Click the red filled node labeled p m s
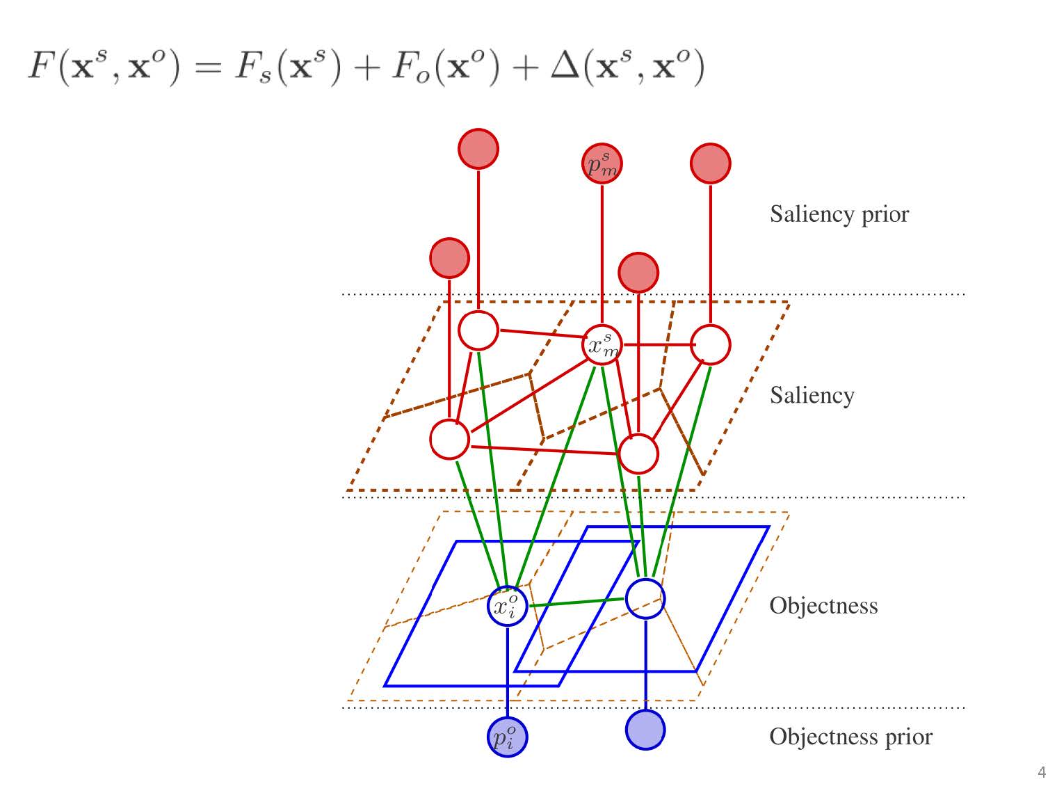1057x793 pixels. click(602, 163)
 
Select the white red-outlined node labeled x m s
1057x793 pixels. click(602, 344)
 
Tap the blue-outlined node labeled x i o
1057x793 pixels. click(507, 606)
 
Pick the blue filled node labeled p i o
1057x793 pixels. click(507, 737)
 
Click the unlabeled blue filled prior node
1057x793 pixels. click(645, 730)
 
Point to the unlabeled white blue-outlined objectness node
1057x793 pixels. click(645, 598)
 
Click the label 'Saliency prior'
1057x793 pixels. click(839, 214)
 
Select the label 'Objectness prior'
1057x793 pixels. click(850, 737)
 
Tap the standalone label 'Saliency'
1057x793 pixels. click(812, 395)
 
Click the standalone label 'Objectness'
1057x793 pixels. click(823, 606)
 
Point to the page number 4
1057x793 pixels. click(1041, 772)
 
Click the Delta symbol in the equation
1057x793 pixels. click(566, 67)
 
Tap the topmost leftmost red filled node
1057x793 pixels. click(478, 149)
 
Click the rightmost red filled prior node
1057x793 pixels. click(710, 163)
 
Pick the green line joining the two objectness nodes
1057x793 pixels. click(576, 602)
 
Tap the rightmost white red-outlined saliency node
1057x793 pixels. click(710, 344)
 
